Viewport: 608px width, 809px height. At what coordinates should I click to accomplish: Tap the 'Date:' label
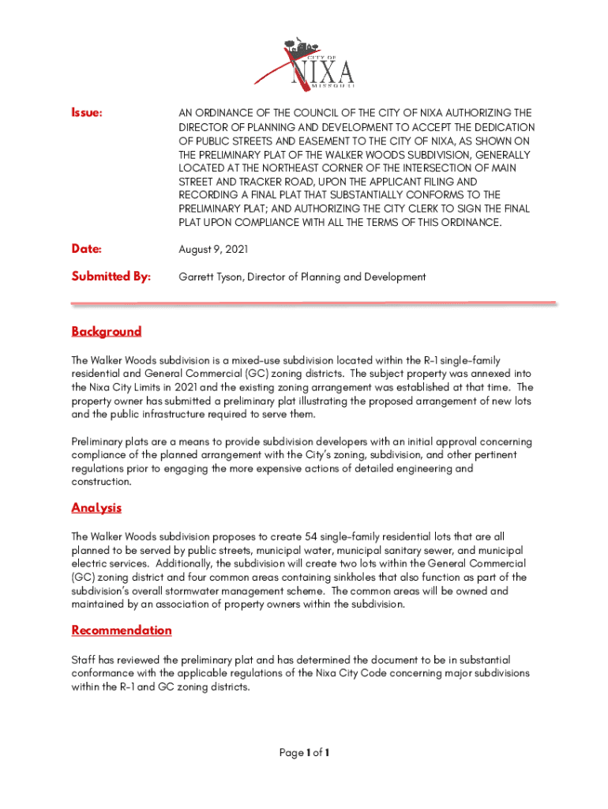(x=86, y=250)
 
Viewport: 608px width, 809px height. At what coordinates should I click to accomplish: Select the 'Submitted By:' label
(x=111, y=277)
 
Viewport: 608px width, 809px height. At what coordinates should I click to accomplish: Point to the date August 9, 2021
(x=213, y=250)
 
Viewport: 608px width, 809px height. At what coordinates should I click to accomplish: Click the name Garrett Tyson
(x=208, y=277)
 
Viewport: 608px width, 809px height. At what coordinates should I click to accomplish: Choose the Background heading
(x=106, y=331)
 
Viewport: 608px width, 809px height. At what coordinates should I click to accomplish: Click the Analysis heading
(x=96, y=507)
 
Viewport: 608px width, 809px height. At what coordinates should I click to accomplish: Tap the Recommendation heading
(x=121, y=630)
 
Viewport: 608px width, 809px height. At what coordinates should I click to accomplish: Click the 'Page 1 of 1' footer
(x=304, y=753)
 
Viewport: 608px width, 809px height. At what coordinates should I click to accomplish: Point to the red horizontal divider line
(x=313, y=303)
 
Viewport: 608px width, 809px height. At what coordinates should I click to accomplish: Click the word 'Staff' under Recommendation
(x=84, y=659)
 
